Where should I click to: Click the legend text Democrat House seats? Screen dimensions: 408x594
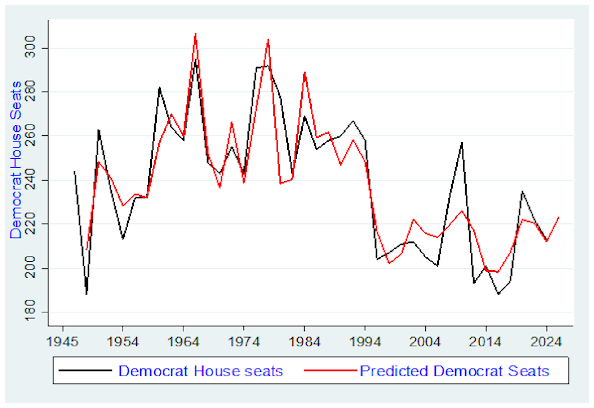[200, 371]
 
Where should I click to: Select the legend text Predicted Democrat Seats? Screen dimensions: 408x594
[454, 371]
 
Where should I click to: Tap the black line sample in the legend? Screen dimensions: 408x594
[85, 370]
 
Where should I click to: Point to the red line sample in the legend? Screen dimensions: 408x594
[330, 370]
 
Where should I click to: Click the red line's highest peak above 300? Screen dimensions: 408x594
[196, 34]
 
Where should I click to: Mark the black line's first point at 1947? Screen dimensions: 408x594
[74, 171]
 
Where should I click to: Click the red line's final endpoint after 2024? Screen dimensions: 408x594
[559, 217]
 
